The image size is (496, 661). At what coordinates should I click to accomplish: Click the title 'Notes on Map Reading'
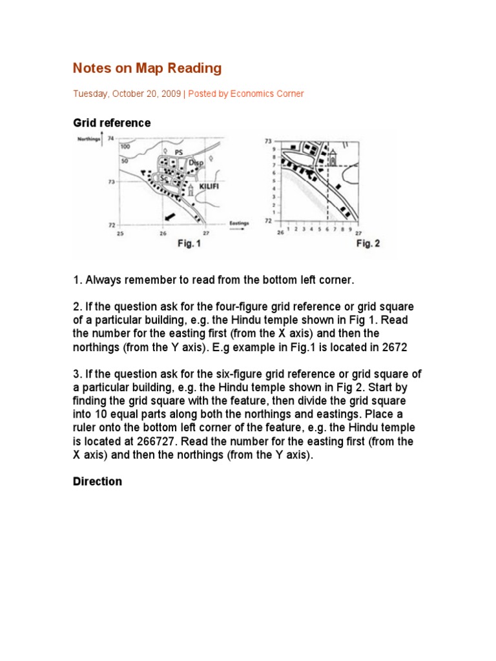click(x=147, y=68)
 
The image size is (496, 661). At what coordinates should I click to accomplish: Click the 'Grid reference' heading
click(x=112, y=123)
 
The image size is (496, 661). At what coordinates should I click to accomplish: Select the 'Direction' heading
click(x=97, y=482)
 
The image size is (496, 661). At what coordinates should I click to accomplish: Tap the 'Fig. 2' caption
click(x=368, y=244)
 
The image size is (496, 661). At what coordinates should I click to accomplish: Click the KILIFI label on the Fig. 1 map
click(x=207, y=185)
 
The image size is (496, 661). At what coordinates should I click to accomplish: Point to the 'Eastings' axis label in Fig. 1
click(x=240, y=223)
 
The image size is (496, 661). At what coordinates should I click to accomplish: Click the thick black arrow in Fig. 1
click(x=170, y=216)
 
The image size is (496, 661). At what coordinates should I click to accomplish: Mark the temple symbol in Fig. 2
click(x=333, y=157)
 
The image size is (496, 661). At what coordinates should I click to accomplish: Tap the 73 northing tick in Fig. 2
click(x=269, y=141)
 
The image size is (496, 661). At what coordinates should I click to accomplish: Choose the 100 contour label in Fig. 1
click(x=125, y=147)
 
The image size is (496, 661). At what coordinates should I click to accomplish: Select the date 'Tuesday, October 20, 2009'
click(x=127, y=94)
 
